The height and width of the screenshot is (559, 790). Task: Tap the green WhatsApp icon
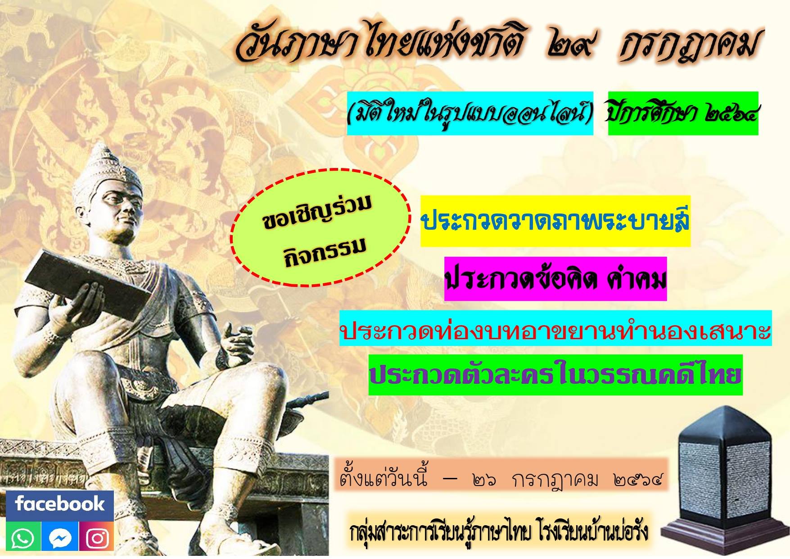click(x=23, y=537)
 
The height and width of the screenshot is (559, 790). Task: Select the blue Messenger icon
click(x=60, y=537)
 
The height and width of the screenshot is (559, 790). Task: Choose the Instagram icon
click(x=97, y=537)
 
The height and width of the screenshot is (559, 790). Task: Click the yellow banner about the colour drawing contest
click(x=555, y=221)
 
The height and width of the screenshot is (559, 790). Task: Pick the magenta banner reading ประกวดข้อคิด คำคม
click(x=555, y=279)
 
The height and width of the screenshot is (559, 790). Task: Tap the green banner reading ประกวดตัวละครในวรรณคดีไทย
click(x=555, y=375)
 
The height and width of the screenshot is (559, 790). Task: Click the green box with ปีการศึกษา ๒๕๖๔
click(x=683, y=114)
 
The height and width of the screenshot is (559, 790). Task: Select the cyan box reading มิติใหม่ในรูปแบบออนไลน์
click(x=470, y=114)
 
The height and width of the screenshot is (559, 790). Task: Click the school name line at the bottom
click(x=499, y=532)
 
